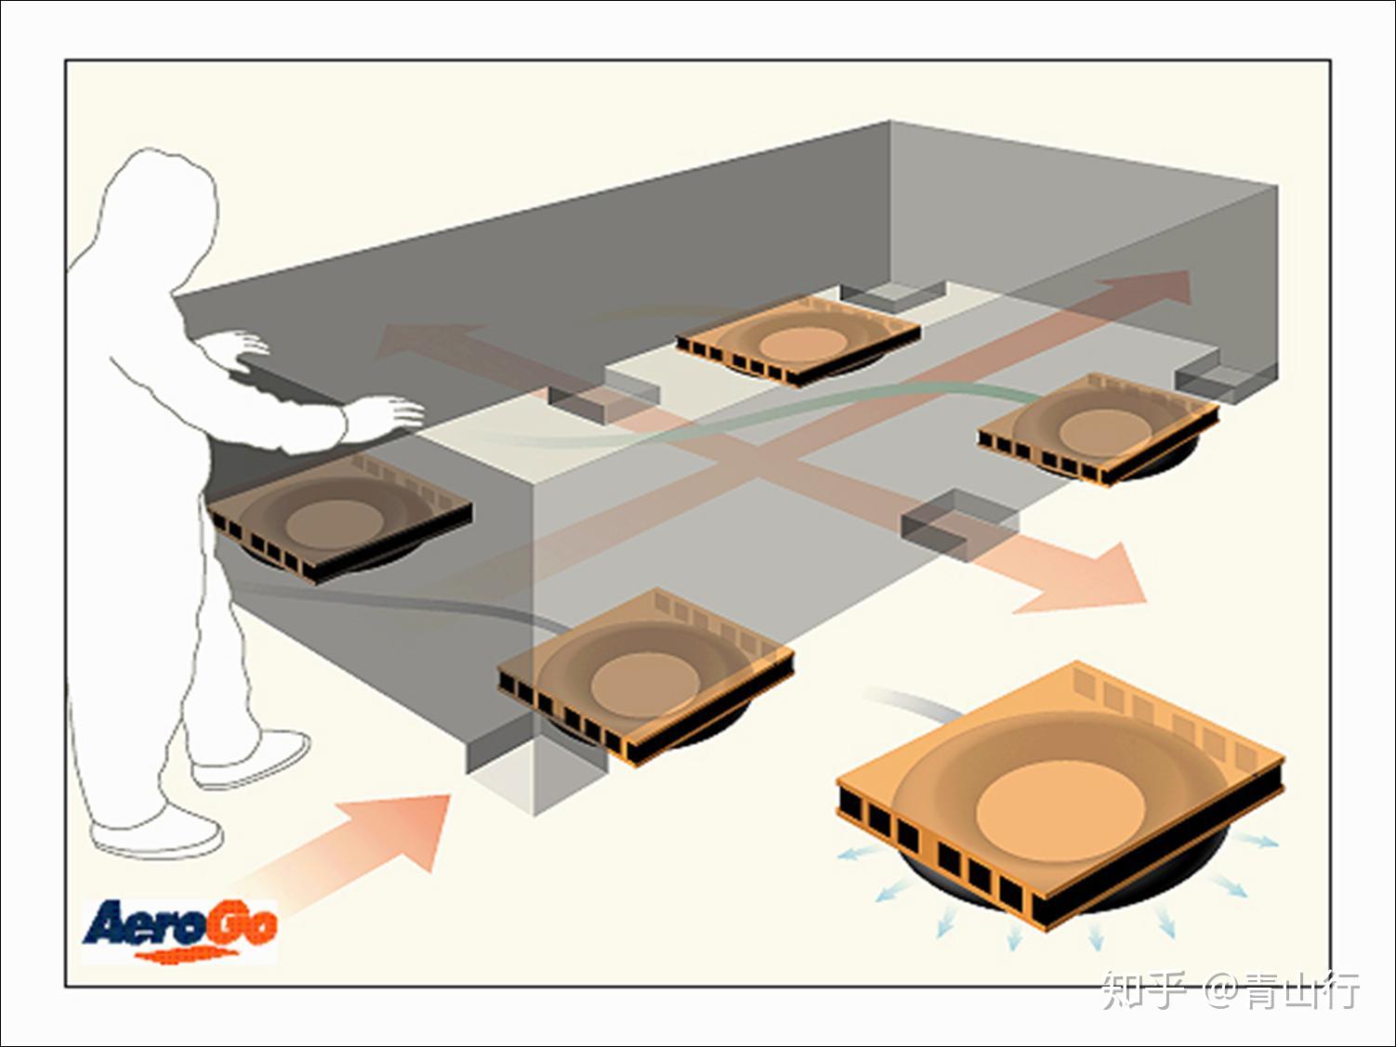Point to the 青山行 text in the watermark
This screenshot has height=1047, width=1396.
(1301, 990)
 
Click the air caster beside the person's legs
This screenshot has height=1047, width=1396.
(341, 518)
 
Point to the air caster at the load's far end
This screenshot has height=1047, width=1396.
(798, 341)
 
